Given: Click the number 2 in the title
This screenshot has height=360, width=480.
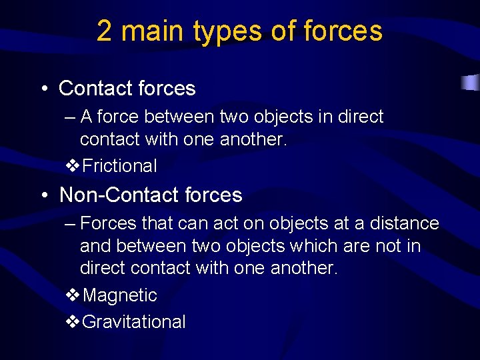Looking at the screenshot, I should (104, 31).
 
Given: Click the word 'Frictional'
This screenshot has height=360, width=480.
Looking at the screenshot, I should (119, 166).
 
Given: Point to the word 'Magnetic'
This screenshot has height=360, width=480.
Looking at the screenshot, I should (119, 295).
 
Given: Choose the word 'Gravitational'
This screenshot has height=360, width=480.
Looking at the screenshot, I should (133, 322).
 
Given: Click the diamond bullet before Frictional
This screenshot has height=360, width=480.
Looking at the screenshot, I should (73, 166).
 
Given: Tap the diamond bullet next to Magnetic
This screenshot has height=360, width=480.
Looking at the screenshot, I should (73, 295).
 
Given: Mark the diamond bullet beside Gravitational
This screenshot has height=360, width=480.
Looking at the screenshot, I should (73, 322).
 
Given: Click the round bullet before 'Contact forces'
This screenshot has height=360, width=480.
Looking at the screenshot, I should (43, 89).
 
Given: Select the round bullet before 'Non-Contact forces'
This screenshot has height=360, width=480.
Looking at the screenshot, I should (43, 195).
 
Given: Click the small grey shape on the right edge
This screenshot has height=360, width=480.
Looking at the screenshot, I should (471, 83).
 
